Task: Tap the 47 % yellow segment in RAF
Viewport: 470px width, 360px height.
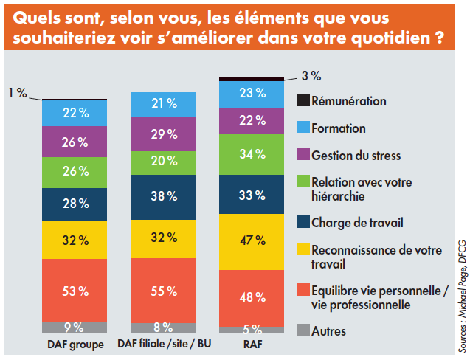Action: (x=252, y=241)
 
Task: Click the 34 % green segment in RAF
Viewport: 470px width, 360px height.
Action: (x=252, y=153)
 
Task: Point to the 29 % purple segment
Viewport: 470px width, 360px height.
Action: (x=163, y=134)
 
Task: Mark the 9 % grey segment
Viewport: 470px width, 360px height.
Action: (x=75, y=328)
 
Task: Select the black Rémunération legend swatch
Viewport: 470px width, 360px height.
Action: (x=302, y=100)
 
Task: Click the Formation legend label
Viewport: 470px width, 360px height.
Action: (x=339, y=128)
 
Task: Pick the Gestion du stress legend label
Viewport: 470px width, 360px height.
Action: (x=356, y=155)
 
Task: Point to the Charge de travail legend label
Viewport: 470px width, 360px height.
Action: (x=358, y=221)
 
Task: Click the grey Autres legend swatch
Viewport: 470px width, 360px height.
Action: (x=302, y=331)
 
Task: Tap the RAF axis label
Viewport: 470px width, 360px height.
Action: (x=252, y=344)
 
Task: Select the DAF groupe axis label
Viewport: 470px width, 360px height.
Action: (x=75, y=344)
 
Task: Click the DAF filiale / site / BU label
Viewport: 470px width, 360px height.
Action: (x=163, y=344)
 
